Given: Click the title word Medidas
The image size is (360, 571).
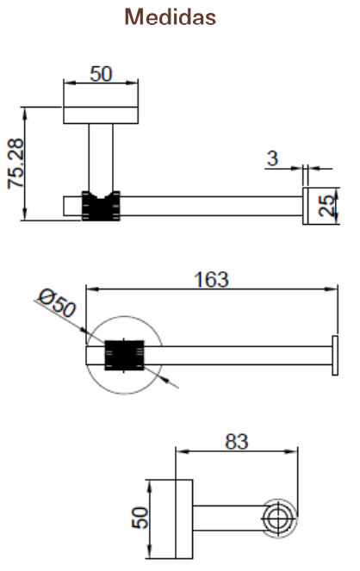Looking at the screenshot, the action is (x=171, y=16).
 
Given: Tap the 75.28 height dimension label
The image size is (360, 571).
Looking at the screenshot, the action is (x=16, y=164).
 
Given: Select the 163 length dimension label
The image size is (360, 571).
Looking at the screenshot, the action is (x=212, y=280).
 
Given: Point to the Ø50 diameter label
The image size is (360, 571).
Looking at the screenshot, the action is (x=57, y=302).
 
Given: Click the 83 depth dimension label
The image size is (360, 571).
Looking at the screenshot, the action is (x=237, y=442).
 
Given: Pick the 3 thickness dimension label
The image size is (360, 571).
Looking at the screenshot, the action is (x=272, y=158).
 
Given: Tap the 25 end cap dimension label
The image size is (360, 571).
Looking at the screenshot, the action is (x=326, y=206).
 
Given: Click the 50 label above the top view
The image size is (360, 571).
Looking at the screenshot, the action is (x=101, y=74).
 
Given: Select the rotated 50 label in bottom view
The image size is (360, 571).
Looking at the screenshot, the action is (x=140, y=518).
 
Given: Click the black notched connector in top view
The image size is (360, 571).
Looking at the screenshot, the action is (x=101, y=206).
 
